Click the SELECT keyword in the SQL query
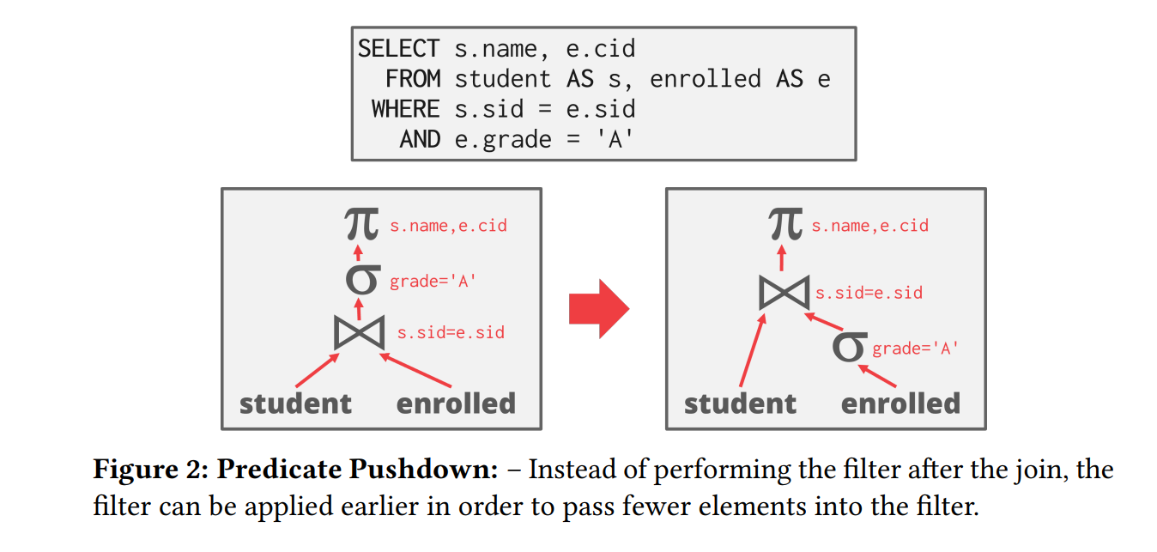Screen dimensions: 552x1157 pos(398,49)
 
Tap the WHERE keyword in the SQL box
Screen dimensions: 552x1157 pos(405,109)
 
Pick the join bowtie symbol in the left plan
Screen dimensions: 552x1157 pos(360,332)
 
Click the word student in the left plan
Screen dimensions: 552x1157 pos(295,403)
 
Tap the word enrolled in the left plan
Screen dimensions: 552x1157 pos(456,403)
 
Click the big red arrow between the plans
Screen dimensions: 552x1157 pos(599,309)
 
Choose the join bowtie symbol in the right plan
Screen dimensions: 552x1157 pos(784,292)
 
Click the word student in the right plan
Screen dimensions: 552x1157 pos(740,403)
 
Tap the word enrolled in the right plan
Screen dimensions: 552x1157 pos(900,403)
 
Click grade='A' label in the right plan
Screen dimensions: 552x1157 pos(915,349)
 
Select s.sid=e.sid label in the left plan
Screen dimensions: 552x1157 pos(451,332)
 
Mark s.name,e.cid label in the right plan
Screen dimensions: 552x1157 pos(870,226)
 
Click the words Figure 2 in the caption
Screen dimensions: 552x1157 pos(148,470)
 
